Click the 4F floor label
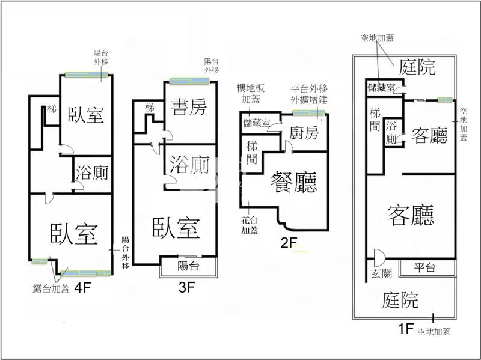tap(82, 287)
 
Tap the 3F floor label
tap(187, 287)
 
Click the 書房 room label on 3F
tap(188, 108)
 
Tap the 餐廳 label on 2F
tap(294, 181)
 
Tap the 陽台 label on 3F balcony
tap(188, 266)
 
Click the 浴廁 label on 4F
tap(93, 173)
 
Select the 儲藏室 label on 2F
tap(257, 124)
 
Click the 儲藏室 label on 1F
tap(381, 88)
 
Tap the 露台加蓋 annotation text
tap(51, 288)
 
